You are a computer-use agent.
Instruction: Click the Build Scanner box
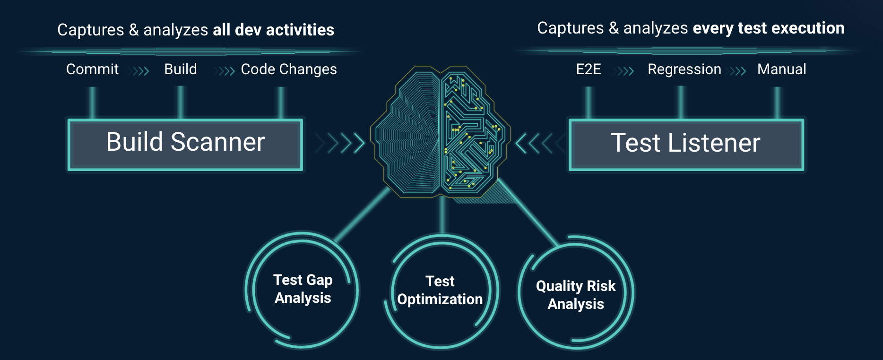pyautogui.click(x=185, y=145)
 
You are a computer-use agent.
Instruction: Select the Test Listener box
pyautogui.click(x=686, y=145)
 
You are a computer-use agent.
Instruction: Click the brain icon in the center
pyautogui.click(x=440, y=132)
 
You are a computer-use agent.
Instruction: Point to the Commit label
pyautogui.click(x=92, y=69)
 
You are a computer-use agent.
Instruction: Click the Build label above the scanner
pyautogui.click(x=181, y=69)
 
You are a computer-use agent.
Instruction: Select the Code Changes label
pyautogui.click(x=289, y=69)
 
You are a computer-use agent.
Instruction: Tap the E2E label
pyautogui.click(x=589, y=69)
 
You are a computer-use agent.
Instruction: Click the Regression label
pyautogui.click(x=684, y=70)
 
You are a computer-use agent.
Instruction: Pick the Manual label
pyautogui.click(x=782, y=69)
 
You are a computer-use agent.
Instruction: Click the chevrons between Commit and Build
pyautogui.click(x=140, y=71)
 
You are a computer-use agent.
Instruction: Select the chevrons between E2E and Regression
pyautogui.click(x=624, y=71)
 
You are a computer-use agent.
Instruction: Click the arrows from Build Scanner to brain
pyautogui.click(x=340, y=143)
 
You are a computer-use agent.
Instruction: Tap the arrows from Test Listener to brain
pyautogui.click(x=540, y=144)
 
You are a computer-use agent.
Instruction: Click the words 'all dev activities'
pyautogui.click(x=273, y=30)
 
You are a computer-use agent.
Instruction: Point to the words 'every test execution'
pyautogui.click(x=769, y=28)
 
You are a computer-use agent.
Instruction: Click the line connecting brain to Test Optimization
pyautogui.click(x=442, y=215)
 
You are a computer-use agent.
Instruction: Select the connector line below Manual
pyautogui.click(x=777, y=103)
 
